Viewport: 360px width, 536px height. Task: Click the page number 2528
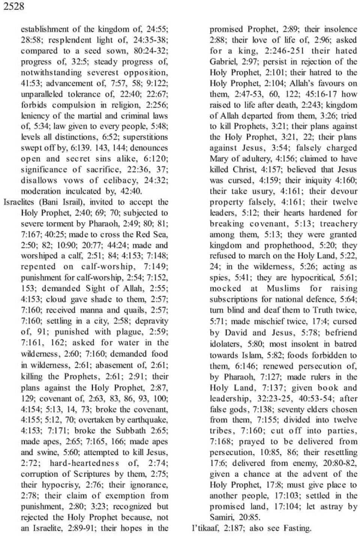[x=14, y=6]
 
